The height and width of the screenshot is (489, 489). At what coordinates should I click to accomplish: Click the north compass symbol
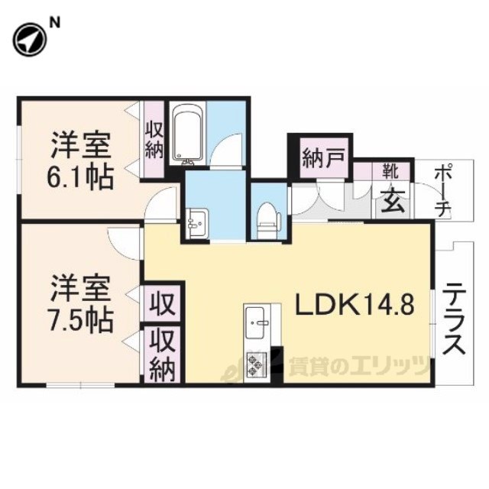(30, 40)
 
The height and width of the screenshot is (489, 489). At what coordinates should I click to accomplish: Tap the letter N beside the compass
(55, 23)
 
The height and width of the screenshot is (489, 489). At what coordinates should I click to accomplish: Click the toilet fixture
(267, 221)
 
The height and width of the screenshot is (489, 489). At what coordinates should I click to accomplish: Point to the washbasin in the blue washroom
(197, 224)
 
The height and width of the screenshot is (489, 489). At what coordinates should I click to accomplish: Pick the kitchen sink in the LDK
(257, 322)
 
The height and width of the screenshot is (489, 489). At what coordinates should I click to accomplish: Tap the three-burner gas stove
(256, 364)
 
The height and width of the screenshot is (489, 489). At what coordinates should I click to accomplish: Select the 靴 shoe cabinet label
(391, 171)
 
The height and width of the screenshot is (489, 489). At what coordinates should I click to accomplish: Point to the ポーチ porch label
(443, 190)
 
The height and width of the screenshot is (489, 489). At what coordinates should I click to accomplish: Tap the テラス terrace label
(454, 318)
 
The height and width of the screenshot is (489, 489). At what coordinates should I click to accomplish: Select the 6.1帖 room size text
(79, 177)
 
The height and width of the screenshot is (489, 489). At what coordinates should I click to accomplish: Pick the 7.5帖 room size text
(79, 320)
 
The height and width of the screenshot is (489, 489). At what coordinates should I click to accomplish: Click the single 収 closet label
(162, 303)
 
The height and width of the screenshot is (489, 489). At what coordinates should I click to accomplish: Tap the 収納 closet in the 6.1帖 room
(154, 142)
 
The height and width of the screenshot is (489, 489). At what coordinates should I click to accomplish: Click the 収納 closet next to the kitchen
(162, 355)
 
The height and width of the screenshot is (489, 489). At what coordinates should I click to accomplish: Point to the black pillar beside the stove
(277, 364)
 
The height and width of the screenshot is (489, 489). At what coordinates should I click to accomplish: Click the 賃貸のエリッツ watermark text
(358, 365)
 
